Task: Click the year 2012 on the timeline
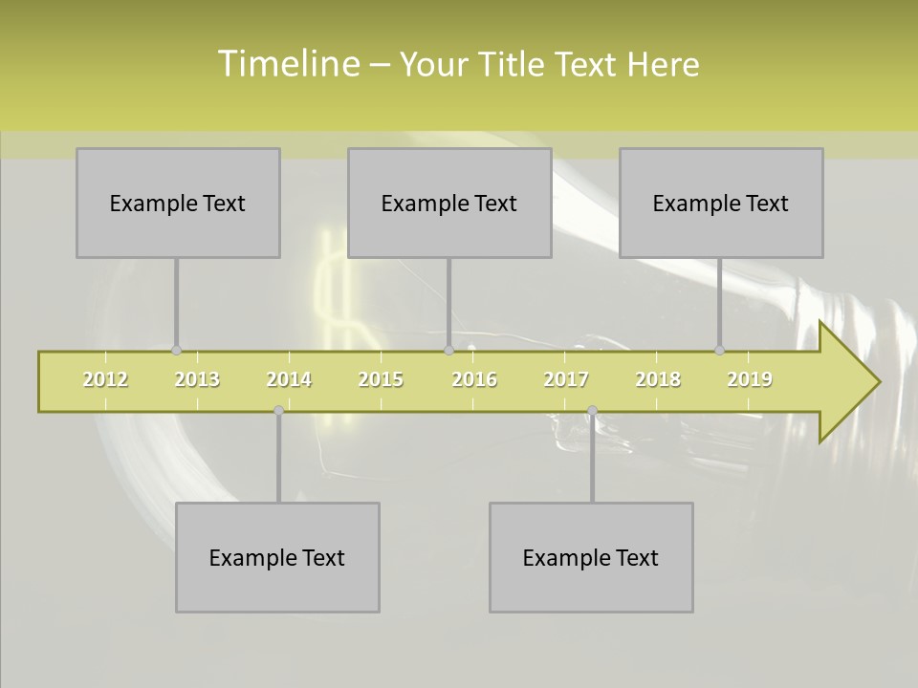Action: pos(105,379)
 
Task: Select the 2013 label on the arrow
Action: pos(197,379)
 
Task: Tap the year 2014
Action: pos(289,379)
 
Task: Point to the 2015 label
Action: pos(381,379)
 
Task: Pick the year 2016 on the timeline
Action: pos(474,379)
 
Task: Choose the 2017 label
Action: pos(566,379)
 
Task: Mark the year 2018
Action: pos(658,379)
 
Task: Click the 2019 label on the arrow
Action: pos(750,379)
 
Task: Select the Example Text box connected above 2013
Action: pos(178,203)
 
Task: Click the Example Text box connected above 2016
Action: pos(449,203)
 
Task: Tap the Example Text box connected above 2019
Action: pos(721,203)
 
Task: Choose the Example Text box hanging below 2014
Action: pos(277,557)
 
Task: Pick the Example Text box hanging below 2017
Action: pos(591,557)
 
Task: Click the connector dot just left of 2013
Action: pos(176,351)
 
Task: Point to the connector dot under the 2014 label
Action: pos(278,411)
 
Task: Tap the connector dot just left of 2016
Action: pos(448,351)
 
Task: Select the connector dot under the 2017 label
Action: pos(592,411)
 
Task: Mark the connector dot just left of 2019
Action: pos(719,351)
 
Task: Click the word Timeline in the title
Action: pos(288,64)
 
